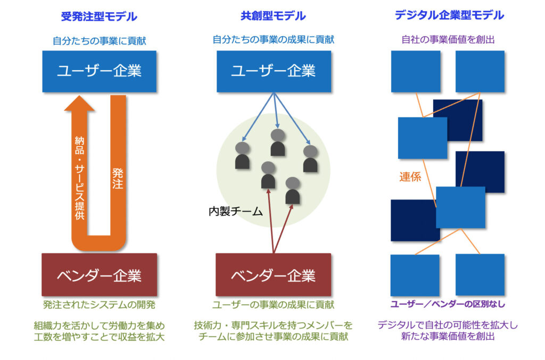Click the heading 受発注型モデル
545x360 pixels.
point(99,16)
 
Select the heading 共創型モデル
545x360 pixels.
point(273,16)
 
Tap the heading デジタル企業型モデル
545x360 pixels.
point(449,16)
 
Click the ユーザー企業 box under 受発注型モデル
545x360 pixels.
point(99,71)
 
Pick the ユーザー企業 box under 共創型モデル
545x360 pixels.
point(273,71)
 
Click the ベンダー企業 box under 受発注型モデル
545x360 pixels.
point(99,275)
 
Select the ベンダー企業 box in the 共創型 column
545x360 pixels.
point(273,275)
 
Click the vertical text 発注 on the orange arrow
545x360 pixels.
point(118,178)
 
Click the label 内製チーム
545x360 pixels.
point(236,211)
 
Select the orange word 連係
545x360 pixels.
point(410,177)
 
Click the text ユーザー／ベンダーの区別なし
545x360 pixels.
point(448,304)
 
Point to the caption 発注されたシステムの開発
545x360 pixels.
point(99,305)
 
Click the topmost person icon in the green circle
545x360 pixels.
point(277,142)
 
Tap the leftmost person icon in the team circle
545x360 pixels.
point(242,155)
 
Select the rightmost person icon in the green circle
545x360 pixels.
point(310,158)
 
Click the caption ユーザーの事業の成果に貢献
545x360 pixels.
point(273,305)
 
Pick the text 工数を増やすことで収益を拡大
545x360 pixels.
point(99,337)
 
